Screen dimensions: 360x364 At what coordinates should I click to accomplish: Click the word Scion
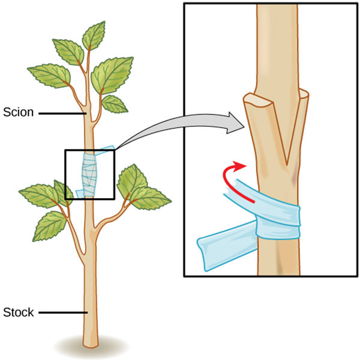19,112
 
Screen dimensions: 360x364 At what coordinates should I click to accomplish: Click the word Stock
19,312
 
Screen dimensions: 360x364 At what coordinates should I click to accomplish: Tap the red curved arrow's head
239,166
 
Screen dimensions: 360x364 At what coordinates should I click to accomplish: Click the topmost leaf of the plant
94,35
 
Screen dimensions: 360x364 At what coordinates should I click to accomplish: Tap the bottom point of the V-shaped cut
287,165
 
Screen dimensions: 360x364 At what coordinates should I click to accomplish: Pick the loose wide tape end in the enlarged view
227,247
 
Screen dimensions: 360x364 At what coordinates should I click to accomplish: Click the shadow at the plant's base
91,347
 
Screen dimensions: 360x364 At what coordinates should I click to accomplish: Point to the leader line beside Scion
62,114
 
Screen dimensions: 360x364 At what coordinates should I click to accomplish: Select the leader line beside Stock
63,313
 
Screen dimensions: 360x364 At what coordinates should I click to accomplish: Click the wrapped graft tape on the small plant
89,175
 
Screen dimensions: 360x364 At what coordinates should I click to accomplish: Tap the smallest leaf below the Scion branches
114,104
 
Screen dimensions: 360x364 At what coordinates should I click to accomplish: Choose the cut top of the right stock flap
304,93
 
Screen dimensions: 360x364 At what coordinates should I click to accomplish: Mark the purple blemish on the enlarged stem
295,176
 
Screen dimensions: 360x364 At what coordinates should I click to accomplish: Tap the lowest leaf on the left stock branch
50,226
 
